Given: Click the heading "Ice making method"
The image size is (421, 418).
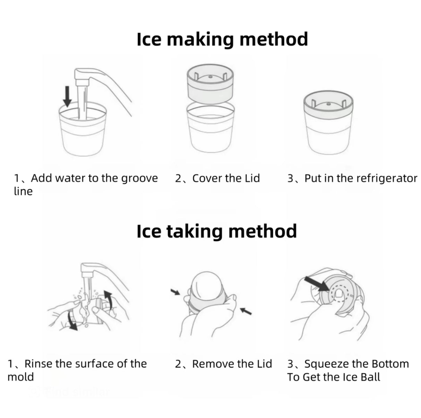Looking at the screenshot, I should [x=222, y=39].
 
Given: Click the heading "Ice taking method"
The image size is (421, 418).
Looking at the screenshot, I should [x=216, y=231].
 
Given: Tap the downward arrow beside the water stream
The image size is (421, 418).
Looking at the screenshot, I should [x=67, y=96].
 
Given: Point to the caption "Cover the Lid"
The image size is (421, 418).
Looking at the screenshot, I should [x=226, y=178].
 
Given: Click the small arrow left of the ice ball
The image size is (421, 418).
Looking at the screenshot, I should [x=176, y=292].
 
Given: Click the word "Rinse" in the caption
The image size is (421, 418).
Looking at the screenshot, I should [x=38, y=364].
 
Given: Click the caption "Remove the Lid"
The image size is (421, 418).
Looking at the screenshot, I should [x=232, y=364].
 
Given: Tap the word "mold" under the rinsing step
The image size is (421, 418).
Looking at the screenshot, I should [x=21, y=377].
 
